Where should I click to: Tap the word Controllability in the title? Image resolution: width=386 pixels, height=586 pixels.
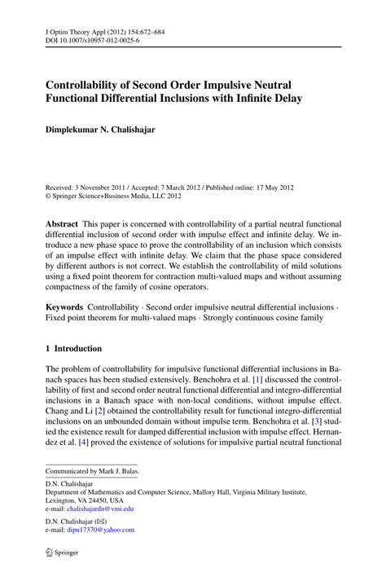click(x=90, y=83)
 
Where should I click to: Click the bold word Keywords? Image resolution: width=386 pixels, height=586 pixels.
click(x=66, y=307)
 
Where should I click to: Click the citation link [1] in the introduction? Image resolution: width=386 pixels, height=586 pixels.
click(x=257, y=380)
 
